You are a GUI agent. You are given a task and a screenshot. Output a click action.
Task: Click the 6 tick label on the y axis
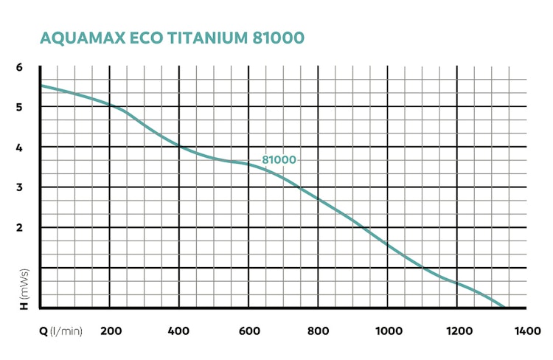click(20, 67)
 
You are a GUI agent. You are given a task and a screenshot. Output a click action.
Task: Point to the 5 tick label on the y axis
click(20, 107)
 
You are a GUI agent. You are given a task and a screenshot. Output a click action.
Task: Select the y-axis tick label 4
click(20, 147)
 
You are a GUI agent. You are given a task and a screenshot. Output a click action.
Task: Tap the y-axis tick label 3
click(20, 187)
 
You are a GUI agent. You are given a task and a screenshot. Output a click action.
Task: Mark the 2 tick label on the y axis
click(20, 227)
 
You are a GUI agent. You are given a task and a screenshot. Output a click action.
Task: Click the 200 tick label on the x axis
click(110, 331)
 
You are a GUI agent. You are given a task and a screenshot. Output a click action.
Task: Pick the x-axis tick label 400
click(179, 331)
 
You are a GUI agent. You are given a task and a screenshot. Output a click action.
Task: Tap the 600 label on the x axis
click(248, 331)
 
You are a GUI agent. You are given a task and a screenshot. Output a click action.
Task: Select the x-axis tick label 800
click(318, 331)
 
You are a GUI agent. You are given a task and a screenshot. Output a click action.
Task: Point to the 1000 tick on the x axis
click(388, 331)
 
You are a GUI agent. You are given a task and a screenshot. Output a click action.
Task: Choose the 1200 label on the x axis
click(457, 331)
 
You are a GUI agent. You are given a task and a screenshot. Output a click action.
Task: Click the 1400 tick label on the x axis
click(526, 331)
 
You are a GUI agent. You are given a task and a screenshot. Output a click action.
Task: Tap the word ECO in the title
click(139, 38)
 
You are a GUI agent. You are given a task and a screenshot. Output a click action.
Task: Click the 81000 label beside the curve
click(279, 160)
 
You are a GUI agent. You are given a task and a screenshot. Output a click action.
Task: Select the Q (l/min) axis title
click(61, 331)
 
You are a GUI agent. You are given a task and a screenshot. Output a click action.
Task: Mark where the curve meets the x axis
click(505, 307)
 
